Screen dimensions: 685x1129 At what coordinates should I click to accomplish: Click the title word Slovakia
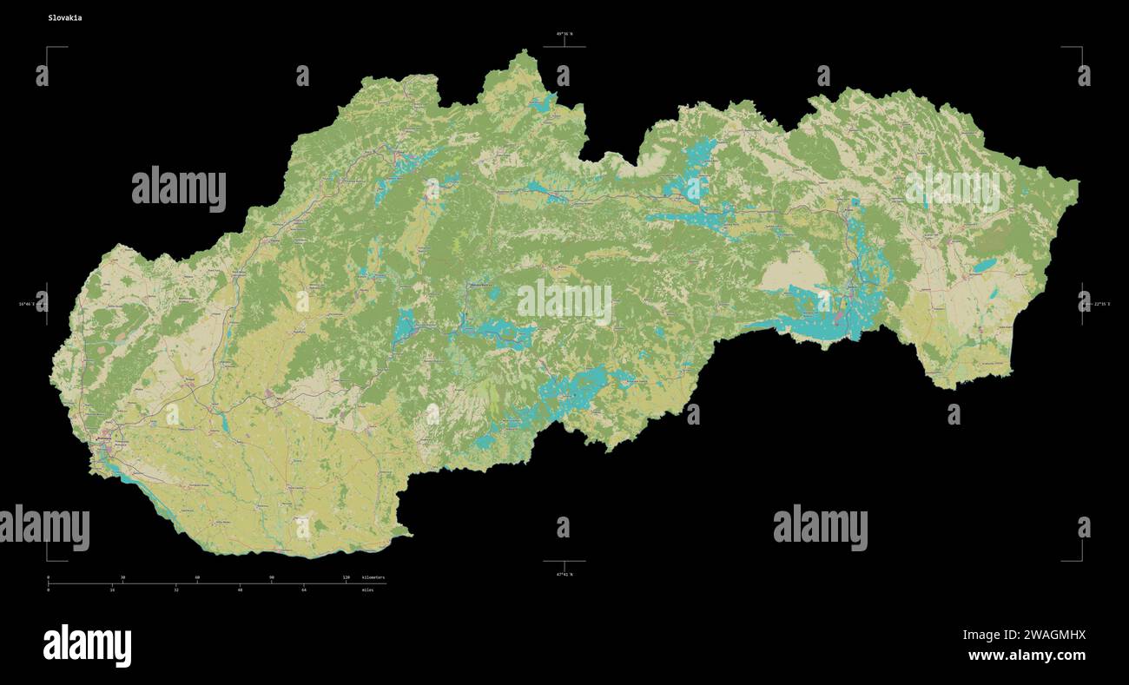point(65,17)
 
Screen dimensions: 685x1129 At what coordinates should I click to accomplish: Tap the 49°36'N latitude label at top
point(564,34)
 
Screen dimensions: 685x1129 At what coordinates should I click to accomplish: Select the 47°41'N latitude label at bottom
point(564,574)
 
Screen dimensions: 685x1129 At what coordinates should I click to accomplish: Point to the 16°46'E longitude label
point(27,304)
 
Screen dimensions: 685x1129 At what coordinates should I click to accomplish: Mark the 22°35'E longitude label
point(1101,304)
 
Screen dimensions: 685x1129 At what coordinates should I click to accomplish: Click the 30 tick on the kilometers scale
point(122,578)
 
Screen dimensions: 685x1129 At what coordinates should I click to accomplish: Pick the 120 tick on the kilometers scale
point(346,578)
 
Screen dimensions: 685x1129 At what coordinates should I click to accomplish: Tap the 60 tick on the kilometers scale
point(197,578)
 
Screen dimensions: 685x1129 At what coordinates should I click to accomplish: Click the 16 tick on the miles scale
point(112,589)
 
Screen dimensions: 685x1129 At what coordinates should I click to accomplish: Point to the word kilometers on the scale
point(373,577)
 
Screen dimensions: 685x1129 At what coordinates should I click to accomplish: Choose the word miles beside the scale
point(368,589)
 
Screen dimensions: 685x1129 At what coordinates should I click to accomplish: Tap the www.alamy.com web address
point(1027,655)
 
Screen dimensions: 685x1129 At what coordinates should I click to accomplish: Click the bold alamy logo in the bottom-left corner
point(87,645)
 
